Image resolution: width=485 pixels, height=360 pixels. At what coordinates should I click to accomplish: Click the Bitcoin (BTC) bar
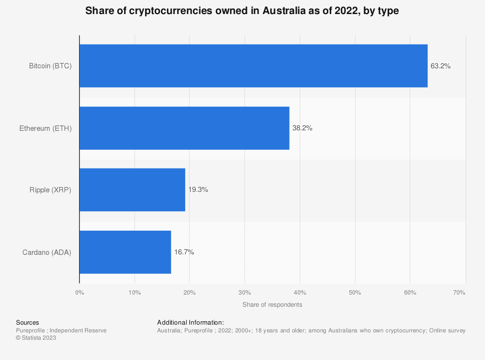pos(253,66)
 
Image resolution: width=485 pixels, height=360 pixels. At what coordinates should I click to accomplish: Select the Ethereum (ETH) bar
pos(184,128)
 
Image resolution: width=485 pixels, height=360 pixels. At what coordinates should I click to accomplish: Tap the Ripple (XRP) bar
pos(132,190)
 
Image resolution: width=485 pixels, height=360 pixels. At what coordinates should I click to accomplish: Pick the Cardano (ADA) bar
pos(125,252)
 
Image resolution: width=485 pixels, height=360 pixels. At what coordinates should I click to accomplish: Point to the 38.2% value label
pos(302,128)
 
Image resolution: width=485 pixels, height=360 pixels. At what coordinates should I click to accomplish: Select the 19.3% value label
pos(198,190)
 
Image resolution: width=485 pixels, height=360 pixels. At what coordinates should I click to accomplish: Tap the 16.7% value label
pos(184,252)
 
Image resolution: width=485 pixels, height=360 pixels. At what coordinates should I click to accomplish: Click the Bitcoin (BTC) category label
pos(50,66)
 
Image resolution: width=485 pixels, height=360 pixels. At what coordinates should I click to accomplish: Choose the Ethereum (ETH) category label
pos(46,128)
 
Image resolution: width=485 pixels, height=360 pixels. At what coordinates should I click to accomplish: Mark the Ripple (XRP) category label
pos(50,190)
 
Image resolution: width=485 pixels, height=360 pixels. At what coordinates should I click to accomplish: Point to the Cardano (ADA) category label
pos(47,252)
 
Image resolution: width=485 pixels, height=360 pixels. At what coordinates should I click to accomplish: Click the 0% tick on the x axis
pos(80,293)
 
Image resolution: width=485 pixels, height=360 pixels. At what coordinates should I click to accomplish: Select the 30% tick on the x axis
pos(245,293)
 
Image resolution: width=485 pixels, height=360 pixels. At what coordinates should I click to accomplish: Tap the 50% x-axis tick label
pos(355,293)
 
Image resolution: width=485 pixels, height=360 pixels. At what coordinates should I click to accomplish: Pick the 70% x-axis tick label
pos(459,293)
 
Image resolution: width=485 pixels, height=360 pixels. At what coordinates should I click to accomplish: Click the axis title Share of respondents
pos(272,305)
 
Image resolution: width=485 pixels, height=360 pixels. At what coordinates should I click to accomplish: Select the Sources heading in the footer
pos(28,322)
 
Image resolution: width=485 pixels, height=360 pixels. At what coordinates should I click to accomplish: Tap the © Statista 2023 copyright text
pos(36,338)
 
